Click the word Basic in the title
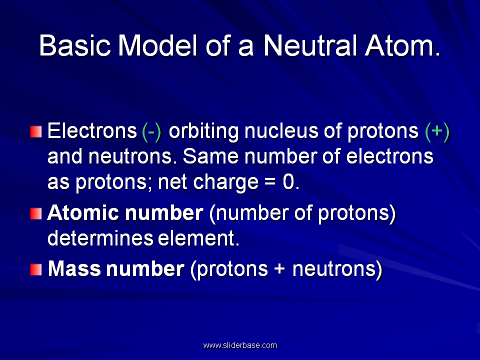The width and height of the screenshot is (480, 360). pyautogui.click(x=74, y=45)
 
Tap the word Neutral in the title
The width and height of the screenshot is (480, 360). pyautogui.click(x=310, y=45)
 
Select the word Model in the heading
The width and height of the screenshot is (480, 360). pyautogui.click(x=157, y=45)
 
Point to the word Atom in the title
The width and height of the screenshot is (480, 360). pyautogui.click(x=402, y=45)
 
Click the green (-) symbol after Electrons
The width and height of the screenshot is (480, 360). pyautogui.click(x=151, y=131)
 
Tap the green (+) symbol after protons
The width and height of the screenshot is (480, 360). pyautogui.click(x=437, y=131)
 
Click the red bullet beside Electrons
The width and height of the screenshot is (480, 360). pyautogui.click(x=36, y=131)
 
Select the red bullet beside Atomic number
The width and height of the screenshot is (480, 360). pyautogui.click(x=36, y=213)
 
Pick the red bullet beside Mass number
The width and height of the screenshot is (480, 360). pyautogui.click(x=36, y=269)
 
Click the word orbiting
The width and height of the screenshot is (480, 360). pyautogui.click(x=203, y=131)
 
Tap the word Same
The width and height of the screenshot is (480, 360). pyautogui.click(x=210, y=156)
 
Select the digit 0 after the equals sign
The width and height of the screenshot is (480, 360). pyautogui.click(x=288, y=182)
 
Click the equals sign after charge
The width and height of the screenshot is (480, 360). pyautogui.click(x=270, y=183)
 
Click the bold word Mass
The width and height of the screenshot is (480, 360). pyautogui.click(x=74, y=269)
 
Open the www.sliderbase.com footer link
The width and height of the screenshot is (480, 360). pyautogui.click(x=240, y=345)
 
